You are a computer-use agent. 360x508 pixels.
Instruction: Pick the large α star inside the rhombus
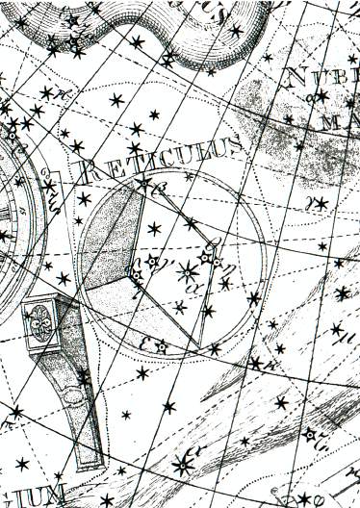coord(188,273)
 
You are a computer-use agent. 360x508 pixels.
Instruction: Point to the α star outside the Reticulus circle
coord(182,466)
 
